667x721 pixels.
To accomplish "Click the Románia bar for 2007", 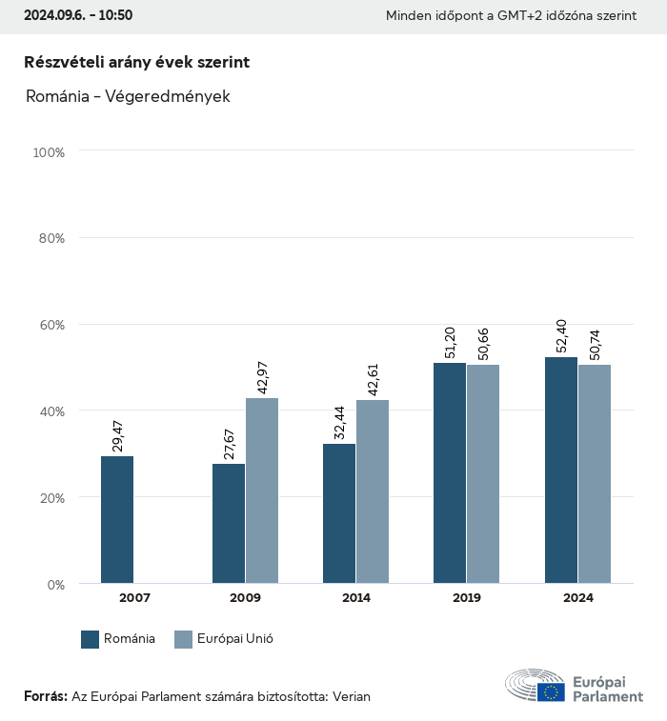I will coord(117,520).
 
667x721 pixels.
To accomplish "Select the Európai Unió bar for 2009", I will coord(262,491).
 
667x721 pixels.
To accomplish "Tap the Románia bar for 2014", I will coord(339,513).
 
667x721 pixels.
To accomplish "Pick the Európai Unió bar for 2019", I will coord(483,473).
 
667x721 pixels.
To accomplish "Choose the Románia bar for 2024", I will coord(560,471).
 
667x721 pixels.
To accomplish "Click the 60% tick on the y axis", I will coord(50,325).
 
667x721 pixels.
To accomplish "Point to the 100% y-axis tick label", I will coord(48,151).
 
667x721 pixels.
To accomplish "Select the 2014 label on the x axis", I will coord(356,598).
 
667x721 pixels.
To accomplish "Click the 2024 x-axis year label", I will coord(577,598).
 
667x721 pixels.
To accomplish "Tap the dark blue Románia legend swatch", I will coord(91,639).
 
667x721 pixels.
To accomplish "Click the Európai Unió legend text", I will coord(235,639).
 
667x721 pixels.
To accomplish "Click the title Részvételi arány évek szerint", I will coord(136,62).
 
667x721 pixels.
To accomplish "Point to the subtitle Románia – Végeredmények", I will coord(127,96).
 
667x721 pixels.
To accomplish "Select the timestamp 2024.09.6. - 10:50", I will coord(78,15).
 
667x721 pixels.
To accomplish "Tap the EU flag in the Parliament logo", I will coord(550,691).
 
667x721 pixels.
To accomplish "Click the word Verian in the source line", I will coord(351,696).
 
